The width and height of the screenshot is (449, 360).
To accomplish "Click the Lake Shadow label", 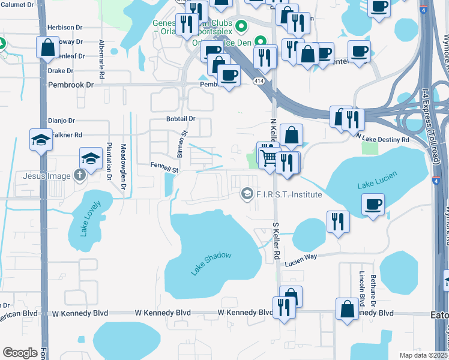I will (211, 264).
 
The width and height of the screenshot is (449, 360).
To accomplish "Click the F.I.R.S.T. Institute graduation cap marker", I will (246, 194).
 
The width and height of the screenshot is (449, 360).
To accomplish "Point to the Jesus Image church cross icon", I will (79, 176).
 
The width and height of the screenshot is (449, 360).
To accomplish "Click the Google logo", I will (20, 353).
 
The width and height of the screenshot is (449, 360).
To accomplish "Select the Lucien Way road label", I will (301, 255).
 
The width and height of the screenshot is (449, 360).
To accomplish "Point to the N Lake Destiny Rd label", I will (383, 139).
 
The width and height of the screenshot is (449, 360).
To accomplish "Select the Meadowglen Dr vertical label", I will (123, 162).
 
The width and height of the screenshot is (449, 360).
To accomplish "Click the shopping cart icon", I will (270, 157).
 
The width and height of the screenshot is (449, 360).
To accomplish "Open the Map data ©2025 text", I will (424, 355).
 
